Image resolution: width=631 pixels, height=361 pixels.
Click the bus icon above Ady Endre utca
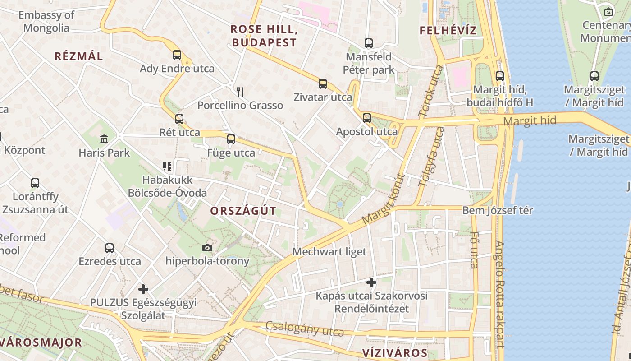click(x=177, y=55)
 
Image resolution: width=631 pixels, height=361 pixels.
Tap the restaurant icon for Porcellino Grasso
click(x=240, y=92)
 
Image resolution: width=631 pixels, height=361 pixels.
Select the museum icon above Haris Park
click(x=104, y=139)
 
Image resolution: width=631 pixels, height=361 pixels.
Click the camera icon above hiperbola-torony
click(x=207, y=248)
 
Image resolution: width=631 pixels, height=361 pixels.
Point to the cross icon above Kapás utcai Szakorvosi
click(x=371, y=282)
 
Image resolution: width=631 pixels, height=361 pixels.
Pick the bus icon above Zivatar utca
click(x=323, y=83)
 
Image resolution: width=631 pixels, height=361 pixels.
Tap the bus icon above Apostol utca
click(x=367, y=118)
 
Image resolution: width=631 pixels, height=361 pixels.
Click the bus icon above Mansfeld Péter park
click(x=369, y=43)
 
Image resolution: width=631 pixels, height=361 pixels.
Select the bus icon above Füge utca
click(x=231, y=139)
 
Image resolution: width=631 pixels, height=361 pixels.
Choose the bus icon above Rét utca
click(x=179, y=119)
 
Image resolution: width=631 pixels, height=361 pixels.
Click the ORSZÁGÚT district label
click(x=243, y=211)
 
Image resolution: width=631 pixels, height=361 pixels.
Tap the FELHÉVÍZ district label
click(x=448, y=31)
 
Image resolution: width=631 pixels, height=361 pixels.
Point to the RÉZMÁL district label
click(x=79, y=56)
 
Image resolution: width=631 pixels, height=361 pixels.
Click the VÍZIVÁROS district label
click(x=395, y=352)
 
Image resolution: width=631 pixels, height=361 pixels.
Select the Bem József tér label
click(x=498, y=210)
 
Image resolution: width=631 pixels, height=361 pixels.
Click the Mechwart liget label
click(x=329, y=252)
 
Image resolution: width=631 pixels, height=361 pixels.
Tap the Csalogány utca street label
click(x=304, y=329)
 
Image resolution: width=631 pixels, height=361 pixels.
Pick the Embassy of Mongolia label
click(x=46, y=21)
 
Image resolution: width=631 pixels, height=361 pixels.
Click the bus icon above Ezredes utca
click(x=110, y=248)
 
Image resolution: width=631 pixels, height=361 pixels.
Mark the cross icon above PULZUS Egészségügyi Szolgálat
click(x=143, y=289)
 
